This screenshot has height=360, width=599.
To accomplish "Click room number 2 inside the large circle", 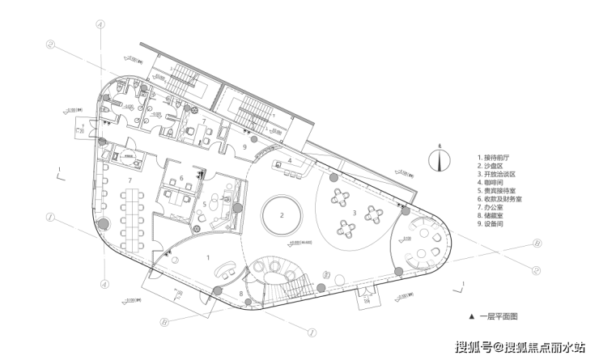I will pos(281,215).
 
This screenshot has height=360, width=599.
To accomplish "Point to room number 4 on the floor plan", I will pos(289,161).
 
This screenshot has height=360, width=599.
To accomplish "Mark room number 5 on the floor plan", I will pos(205,205).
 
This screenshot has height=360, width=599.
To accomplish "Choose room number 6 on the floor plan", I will pos(181,178).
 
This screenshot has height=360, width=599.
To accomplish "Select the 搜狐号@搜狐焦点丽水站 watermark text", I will pos(519,349).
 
